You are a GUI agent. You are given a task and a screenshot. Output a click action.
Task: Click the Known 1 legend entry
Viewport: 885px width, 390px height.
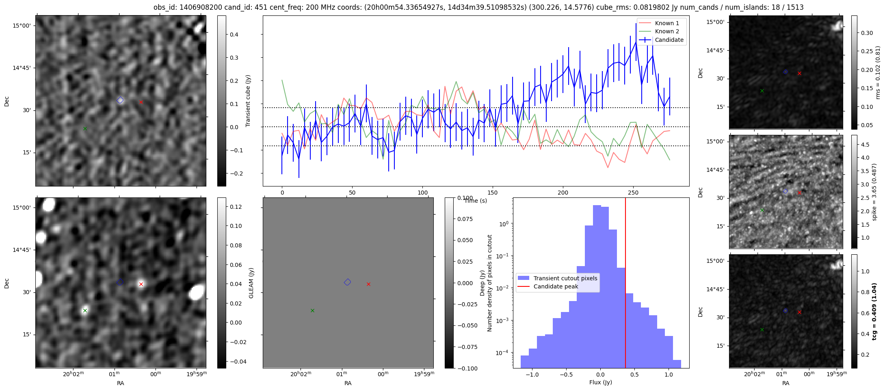tap(667, 23)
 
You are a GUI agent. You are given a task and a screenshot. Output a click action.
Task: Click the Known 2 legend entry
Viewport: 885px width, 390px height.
tap(667, 31)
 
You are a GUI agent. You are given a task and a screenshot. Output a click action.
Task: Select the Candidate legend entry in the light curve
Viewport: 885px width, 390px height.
tap(669, 40)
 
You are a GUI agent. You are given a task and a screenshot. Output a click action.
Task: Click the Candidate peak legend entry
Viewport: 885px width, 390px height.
tap(556, 286)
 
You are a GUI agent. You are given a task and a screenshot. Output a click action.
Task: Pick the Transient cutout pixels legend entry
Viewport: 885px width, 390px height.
tap(565, 278)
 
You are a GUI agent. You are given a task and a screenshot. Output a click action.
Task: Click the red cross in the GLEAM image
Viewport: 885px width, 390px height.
tap(141, 284)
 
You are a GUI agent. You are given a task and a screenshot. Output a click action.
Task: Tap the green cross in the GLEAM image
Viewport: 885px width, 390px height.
tap(85, 311)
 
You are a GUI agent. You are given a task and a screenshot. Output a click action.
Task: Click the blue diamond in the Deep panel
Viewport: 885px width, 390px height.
tap(347, 282)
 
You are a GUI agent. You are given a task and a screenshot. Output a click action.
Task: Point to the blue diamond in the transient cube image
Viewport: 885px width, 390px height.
tap(120, 100)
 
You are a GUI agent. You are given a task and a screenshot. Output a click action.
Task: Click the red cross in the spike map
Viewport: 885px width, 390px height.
tap(799, 193)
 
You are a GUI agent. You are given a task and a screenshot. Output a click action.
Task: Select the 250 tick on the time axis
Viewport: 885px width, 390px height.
tap(633, 193)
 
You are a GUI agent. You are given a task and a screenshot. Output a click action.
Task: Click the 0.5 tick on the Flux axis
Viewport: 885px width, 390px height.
tap(634, 375)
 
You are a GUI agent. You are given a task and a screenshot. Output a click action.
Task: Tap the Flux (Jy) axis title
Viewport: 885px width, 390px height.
tap(600, 382)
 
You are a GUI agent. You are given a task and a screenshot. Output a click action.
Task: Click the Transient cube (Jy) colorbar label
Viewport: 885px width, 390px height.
tap(248, 101)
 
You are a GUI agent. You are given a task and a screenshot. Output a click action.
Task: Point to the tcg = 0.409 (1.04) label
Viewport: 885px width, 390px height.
tap(874, 311)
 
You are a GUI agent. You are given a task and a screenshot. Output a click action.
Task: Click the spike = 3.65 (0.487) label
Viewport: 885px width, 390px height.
tap(874, 192)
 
